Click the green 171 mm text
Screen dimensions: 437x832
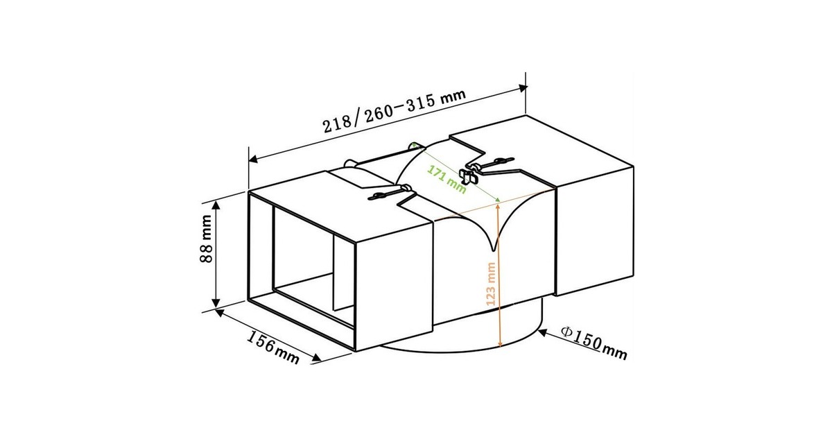click(447, 180)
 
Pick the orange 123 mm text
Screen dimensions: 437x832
click(491, 284)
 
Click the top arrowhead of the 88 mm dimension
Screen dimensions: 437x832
click(216, 205)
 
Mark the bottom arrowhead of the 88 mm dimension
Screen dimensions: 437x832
click(216, 302)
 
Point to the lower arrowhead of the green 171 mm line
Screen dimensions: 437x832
click(497, 200)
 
